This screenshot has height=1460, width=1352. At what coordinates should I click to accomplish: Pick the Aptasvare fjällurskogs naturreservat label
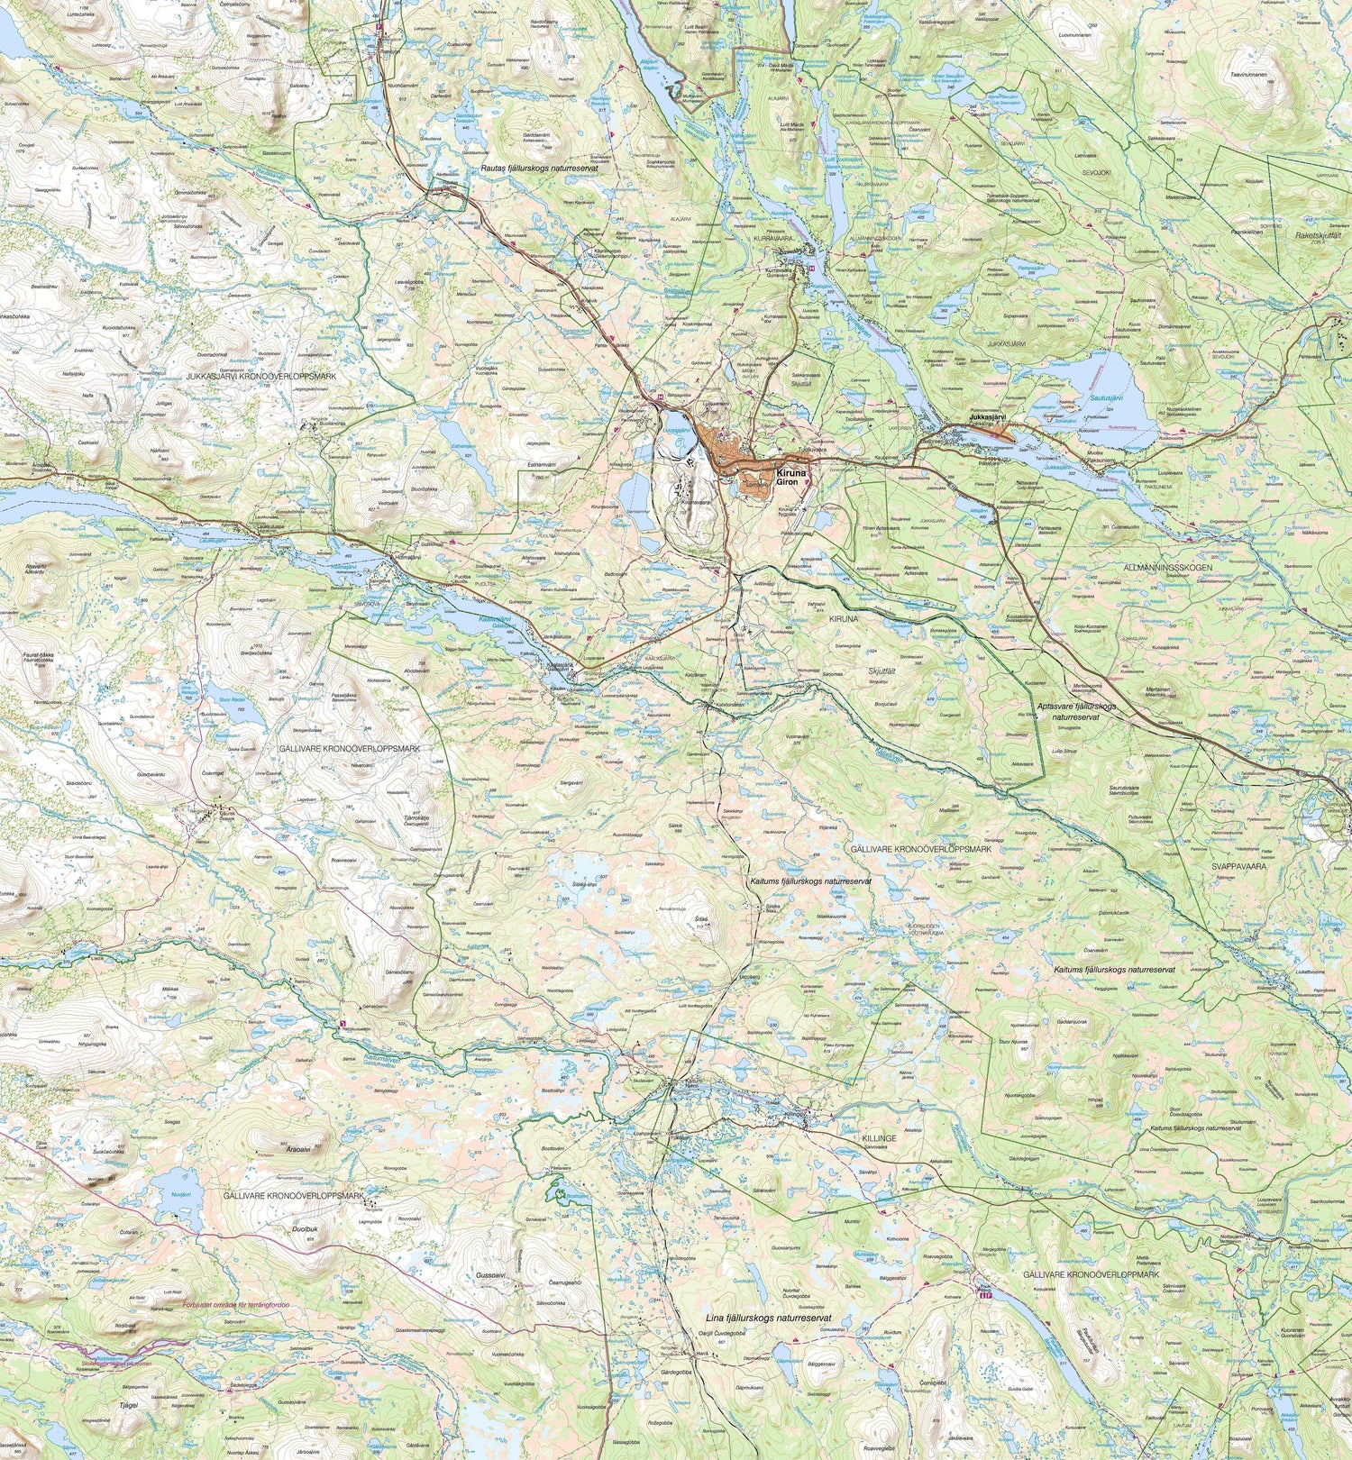(x=1076, y=711)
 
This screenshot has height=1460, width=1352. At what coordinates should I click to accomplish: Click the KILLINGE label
(x=879, y=1138)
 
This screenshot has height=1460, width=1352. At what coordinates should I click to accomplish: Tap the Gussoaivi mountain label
(x=491, y=1275)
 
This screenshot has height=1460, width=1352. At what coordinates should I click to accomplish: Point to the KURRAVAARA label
(x=772, y=239)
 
